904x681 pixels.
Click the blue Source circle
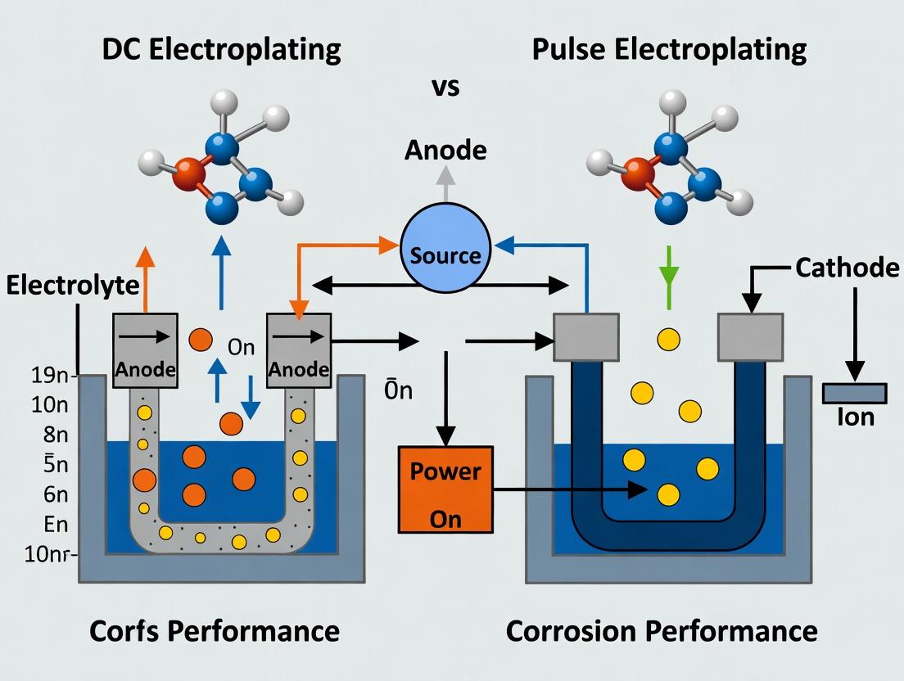(x=445, y=250)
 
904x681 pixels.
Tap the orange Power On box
(x=445, y=489)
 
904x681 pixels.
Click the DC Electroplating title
(x=221, y=49)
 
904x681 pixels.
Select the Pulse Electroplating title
(x=669, y=49)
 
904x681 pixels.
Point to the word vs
(x=445, y=88)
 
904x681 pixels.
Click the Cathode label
(x=847, y=268)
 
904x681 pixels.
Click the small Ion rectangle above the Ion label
(x=855, y=393)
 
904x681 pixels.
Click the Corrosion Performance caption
(x=662, y=631)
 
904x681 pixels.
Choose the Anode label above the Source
(x=445, y=151)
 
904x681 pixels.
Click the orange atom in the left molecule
(x=190, y=175)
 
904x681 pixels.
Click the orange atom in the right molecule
(x=637, y=173)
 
